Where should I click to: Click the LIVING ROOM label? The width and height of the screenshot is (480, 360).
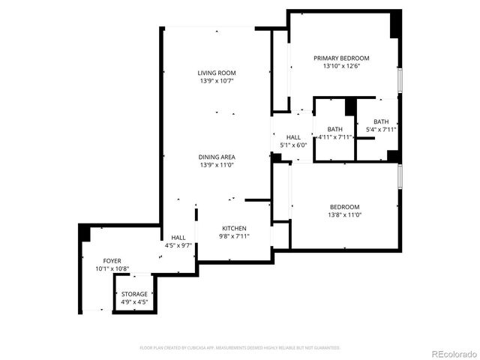[217, 73]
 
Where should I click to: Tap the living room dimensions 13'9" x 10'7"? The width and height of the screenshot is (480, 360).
[217, 81]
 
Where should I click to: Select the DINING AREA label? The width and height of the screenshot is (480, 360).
[217, 157]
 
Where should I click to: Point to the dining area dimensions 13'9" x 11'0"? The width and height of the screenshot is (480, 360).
[217, 165]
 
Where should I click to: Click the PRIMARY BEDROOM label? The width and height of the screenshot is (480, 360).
[341, 58]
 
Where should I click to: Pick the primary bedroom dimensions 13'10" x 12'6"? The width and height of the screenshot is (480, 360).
[341, 66]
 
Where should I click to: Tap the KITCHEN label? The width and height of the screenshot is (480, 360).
[234, 228]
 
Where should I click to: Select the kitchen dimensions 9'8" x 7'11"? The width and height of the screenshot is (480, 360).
[234, 236]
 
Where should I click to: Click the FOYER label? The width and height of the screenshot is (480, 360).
[112, 260]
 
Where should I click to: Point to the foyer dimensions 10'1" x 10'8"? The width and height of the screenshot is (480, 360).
[112, 268]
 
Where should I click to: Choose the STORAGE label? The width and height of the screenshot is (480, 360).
[135, 294]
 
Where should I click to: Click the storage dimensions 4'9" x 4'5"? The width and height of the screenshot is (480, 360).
[135, 302]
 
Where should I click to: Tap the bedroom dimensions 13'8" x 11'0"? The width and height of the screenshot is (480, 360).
[345, 215]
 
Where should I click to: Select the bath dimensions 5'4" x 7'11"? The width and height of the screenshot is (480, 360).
[381, 130]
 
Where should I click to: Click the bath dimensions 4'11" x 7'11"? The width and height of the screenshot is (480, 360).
[334, 137]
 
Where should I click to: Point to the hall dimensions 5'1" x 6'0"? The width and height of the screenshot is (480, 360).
[293, 145]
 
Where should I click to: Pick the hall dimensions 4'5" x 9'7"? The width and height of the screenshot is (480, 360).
[178, 245]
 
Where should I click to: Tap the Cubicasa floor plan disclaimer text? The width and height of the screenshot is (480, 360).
[240, 348]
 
